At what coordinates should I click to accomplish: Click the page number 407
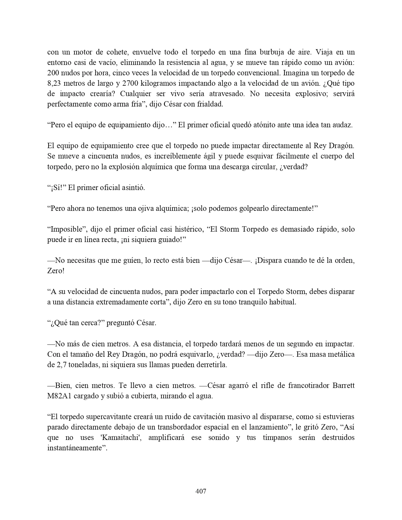click(x=201, y=491)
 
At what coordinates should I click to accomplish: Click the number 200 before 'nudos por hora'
click(x=53, y=73)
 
